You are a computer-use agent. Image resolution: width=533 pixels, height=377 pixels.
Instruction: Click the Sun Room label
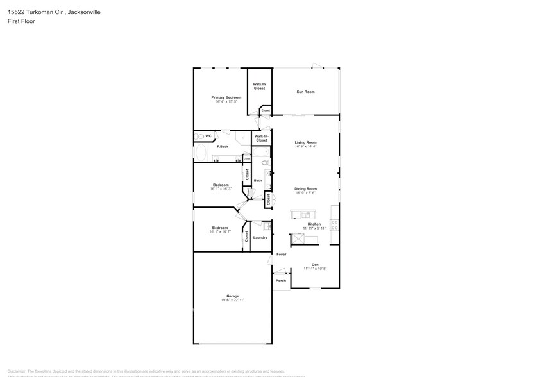[x=305, y=92]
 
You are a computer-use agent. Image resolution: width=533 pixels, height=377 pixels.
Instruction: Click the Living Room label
[x=305, y=142]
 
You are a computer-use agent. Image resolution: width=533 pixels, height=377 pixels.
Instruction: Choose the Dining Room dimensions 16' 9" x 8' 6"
[x=305, y=193]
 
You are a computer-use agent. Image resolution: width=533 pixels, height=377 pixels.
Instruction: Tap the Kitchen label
[x=314, y=224]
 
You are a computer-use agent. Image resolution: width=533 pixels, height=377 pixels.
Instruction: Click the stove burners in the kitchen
[x=334, y=224]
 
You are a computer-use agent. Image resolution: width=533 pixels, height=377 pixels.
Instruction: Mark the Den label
[x=315, y=264]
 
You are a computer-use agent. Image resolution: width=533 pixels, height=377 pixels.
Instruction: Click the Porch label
[x=281, y=281]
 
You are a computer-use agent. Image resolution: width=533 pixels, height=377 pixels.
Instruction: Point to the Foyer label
[x=281, y=255]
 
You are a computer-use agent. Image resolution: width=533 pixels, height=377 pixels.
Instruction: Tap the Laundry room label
[x=260, y=237]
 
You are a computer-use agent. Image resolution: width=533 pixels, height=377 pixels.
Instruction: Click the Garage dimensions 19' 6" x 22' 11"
[x=232, y=300]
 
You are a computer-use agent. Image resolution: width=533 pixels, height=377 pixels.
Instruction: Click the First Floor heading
[x=22, y=21]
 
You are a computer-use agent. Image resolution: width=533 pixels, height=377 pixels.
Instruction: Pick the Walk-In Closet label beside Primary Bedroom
[x=259, y=86]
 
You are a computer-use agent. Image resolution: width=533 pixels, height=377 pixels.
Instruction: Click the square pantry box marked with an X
[x=298, y=239]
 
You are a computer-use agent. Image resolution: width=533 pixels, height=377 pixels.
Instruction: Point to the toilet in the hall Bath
[x=265, y=165]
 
